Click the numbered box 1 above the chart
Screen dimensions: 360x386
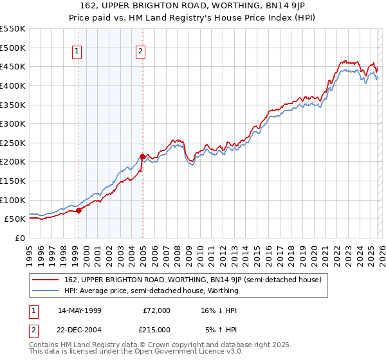click(77, 53)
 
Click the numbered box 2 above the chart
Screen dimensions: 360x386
click(140, 53)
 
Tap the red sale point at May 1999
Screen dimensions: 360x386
click(78, 210)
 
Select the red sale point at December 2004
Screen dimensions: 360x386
click(142, 156)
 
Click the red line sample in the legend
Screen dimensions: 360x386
click(46, 280)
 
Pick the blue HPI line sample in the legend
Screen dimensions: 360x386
click(46, 291)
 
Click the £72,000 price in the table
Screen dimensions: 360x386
click(156, 310)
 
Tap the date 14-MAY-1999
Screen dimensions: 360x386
click(89, 310)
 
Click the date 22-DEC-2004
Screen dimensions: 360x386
click(89, 330)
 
